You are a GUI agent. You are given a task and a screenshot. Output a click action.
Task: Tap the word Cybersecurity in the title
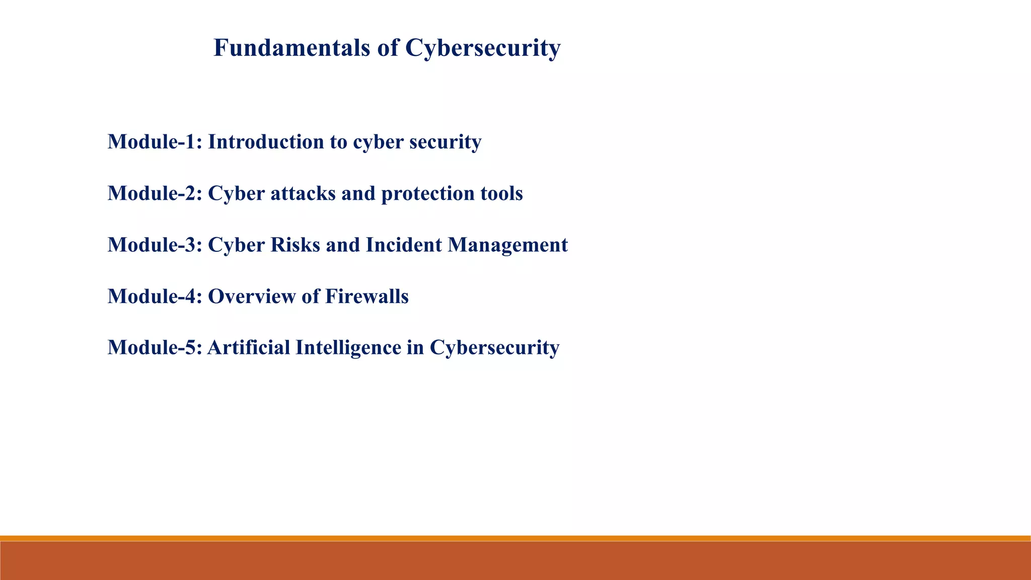(x=482, y=48)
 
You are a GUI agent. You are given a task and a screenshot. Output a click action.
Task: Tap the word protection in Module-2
(x=426, y=193)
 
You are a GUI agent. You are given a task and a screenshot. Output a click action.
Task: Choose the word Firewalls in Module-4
(x=366, y=296)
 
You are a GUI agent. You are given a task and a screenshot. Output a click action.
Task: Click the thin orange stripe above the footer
(x=515, y=538)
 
